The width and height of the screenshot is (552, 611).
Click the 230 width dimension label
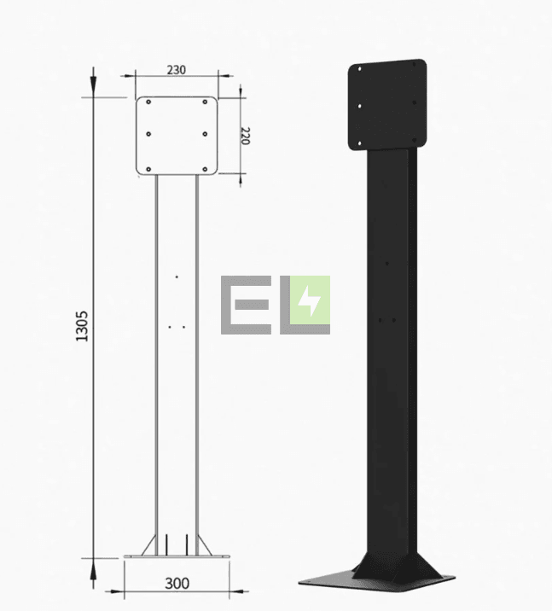pyautogui.click(x=177, y=70)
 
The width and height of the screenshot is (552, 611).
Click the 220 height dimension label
pyautogui.click(x=245, y=136)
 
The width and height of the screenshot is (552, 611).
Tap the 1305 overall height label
pyautogui.click(x=82, y=326)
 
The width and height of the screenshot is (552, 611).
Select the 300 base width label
pyautogui.click(x=177, y=584)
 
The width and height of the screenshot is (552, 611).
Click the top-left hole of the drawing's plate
pyautogui.click(x=148, y=102)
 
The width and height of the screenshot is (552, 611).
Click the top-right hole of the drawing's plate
pyautogui.click(x=205, y=102)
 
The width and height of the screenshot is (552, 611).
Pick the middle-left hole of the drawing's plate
pyautogui.click(x=148, y=134)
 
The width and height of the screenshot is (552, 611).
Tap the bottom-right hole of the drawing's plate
pyautogui.click(x=205, y=170)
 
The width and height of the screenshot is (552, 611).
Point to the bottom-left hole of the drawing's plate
pyautogui.click(x=148, y=170)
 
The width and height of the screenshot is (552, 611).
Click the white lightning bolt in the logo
pyautogui.click(x=310, y=301)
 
